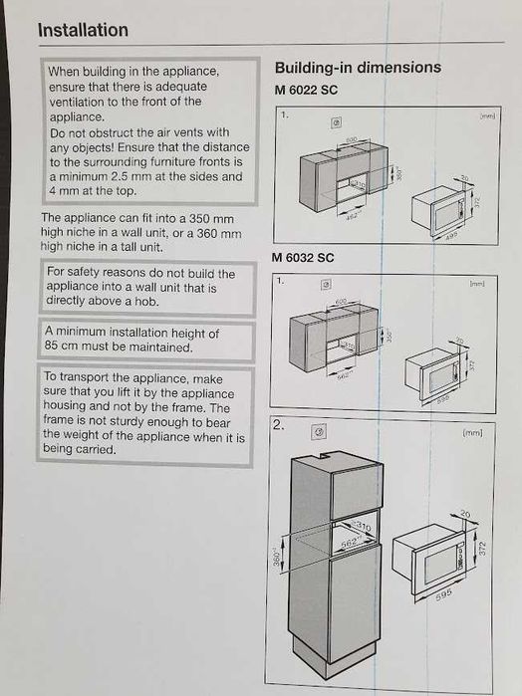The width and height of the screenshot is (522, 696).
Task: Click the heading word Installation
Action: [x=83, y=30]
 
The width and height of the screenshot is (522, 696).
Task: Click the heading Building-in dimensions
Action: [x=357, y=68]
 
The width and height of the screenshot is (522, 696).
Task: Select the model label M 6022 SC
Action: [x=307, y=91]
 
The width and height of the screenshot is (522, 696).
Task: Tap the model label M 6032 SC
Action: [x=303, y=258]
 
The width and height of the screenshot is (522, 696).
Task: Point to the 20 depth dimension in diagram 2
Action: [x=466, y=515]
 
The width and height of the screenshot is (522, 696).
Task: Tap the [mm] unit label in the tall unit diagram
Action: [x=473, y=433]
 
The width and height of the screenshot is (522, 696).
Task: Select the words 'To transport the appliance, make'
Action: [x=132, y=379]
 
